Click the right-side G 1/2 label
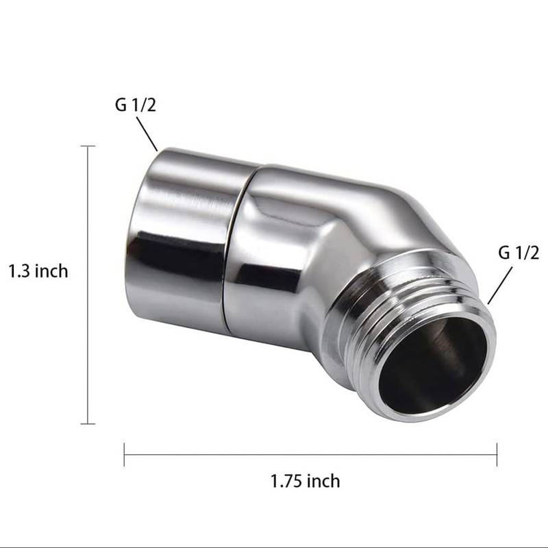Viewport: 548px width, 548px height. [519, 253]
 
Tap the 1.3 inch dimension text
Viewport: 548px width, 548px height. [38, 271]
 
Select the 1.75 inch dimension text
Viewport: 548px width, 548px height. [305, 481]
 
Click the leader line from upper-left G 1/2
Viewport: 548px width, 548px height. [147, 134]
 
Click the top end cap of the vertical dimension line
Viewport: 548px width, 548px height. [88, 146]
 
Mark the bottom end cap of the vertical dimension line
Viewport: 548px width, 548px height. [88, 423]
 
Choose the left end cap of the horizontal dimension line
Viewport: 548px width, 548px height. [124, 454]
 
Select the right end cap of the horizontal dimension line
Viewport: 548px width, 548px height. [497, 454]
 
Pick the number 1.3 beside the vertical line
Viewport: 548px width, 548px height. [18, 271]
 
